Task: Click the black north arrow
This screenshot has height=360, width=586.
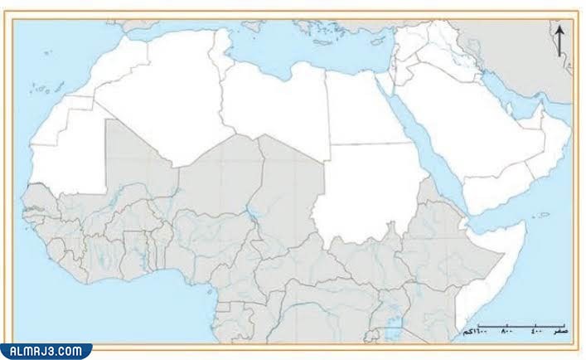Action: tap(560, 39)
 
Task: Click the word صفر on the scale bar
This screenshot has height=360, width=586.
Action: tap(561, 330)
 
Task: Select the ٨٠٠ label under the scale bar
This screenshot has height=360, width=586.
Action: tap(507, 330)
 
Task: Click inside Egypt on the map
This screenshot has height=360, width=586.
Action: tap(356, 108)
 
